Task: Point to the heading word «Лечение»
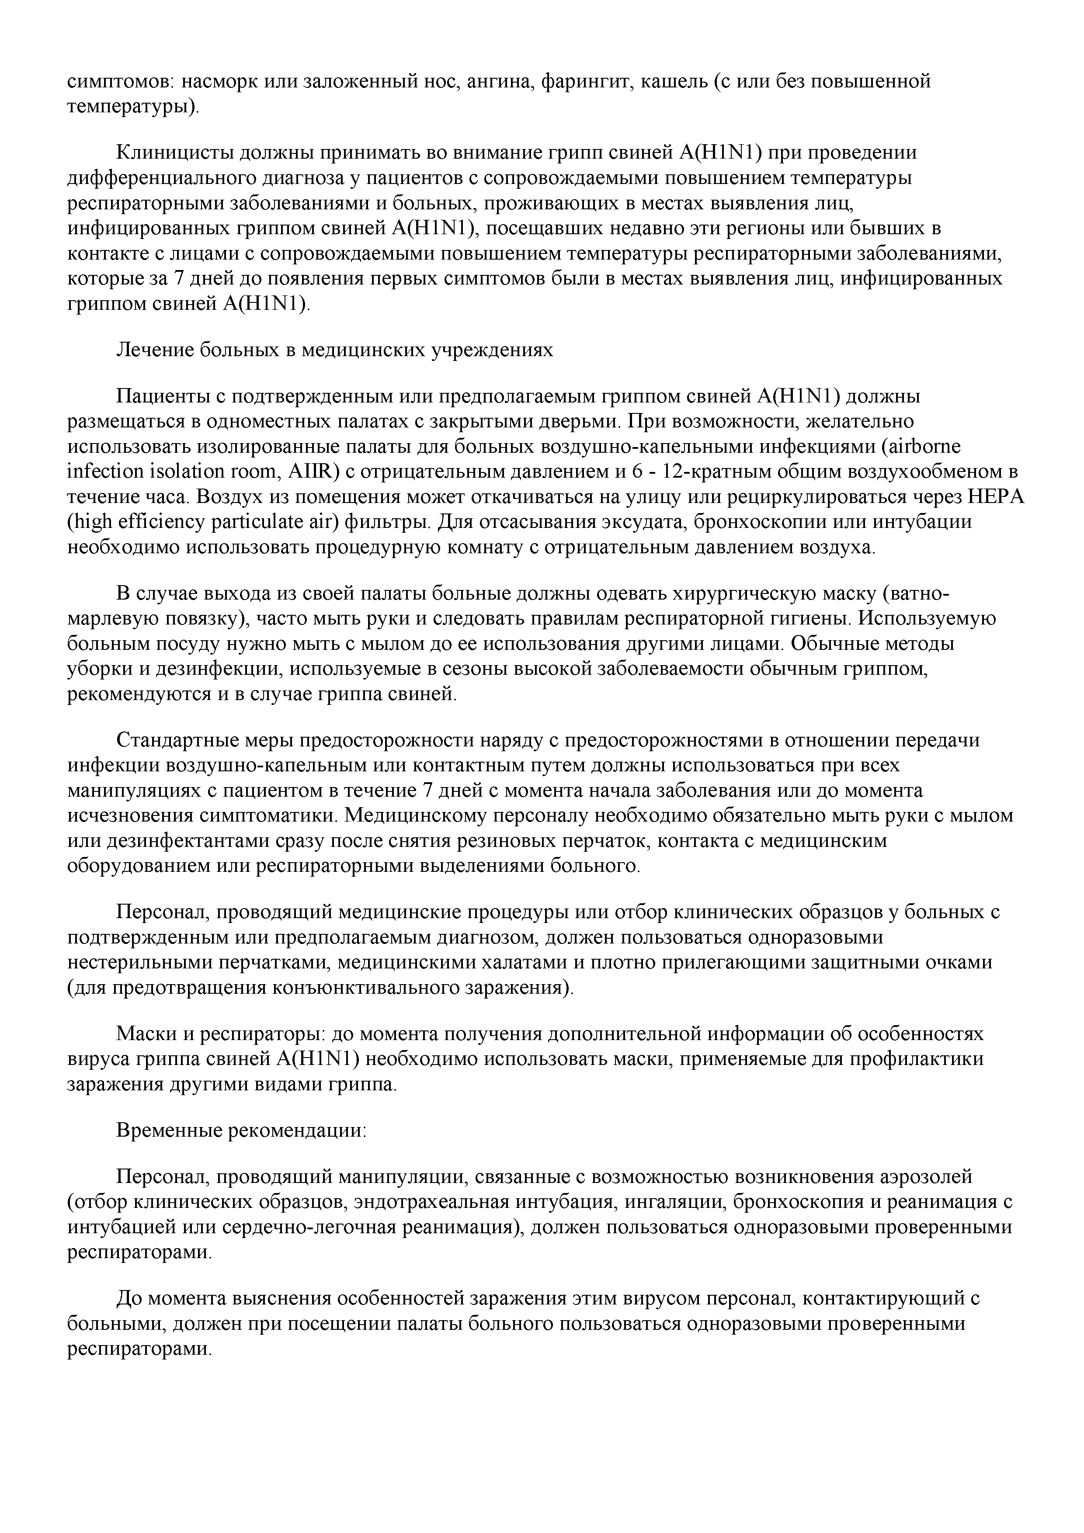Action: [x=155, y=350]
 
